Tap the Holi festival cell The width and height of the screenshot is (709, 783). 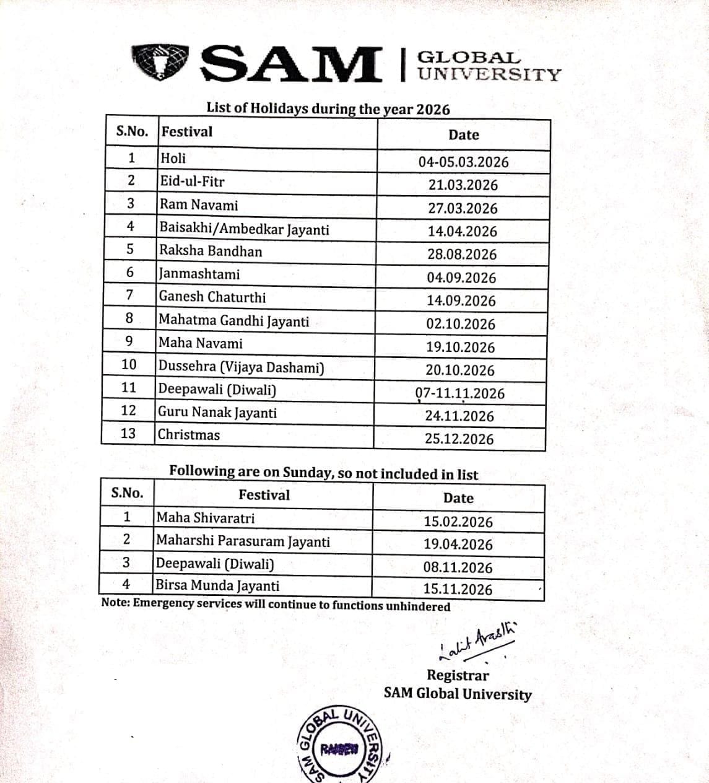pyautogui.click(x=173, y=158)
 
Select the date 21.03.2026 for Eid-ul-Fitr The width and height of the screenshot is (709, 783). pyautogui.click(x=463, y=185)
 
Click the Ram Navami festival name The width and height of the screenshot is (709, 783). pyautogui.click(x=199, y=205)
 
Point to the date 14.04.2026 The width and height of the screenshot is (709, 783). pyautogui.click(x=462, y=231)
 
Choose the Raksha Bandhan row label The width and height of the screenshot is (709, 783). pyautogui.click(x=211, y=251)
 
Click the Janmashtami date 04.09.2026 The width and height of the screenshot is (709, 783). pyautogui.click(x=461, y=278)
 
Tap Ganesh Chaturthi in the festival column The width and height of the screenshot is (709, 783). pyautogui.click(x=212, y=297)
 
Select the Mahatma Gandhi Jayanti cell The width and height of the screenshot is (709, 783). pyautogui.click(x=234, y=321)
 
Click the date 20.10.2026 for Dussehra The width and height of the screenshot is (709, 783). pyautogui.click(x=460, y=370)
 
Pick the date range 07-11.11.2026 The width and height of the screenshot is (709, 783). pyautogui.click(x=459, y=393)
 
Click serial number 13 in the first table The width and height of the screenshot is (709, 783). pyautogui.click(x=128, y=433)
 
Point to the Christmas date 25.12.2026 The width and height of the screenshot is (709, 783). pyautogui.click(x=459, y=439)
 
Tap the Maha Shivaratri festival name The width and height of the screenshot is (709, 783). pyautogui.click(x=206, y=518)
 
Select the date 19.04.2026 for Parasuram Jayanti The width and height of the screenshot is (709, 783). pyautogui.click(x=458, y=545)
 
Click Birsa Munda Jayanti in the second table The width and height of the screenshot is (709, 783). pyautogui.click(x=217, y=585)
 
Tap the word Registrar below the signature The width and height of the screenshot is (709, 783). pyautogui.click(x=458, y=675)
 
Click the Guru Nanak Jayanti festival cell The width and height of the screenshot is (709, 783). pyautogui.click(x=217, y=413)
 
